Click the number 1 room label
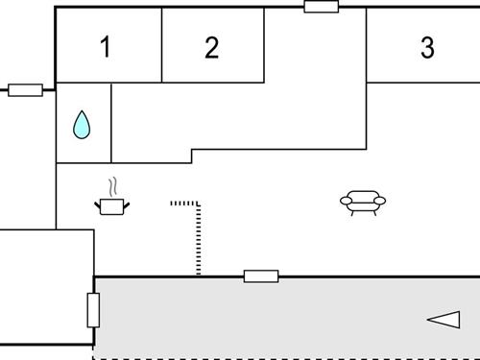(106, 47)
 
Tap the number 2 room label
(212, 47)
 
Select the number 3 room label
(427, 47)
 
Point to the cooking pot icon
(113, 204)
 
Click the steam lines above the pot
(113, 185)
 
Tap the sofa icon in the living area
(363, 202)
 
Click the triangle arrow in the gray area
(444, 320)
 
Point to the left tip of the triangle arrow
(428, 320)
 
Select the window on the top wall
(321, 7)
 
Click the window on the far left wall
(26, 91)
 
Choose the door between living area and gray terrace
(261, 276)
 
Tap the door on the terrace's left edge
(93, 310)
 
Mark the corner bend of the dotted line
(199, 204)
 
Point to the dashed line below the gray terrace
(288, 358)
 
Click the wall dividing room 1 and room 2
(161, 45)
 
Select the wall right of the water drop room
(112, 123)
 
